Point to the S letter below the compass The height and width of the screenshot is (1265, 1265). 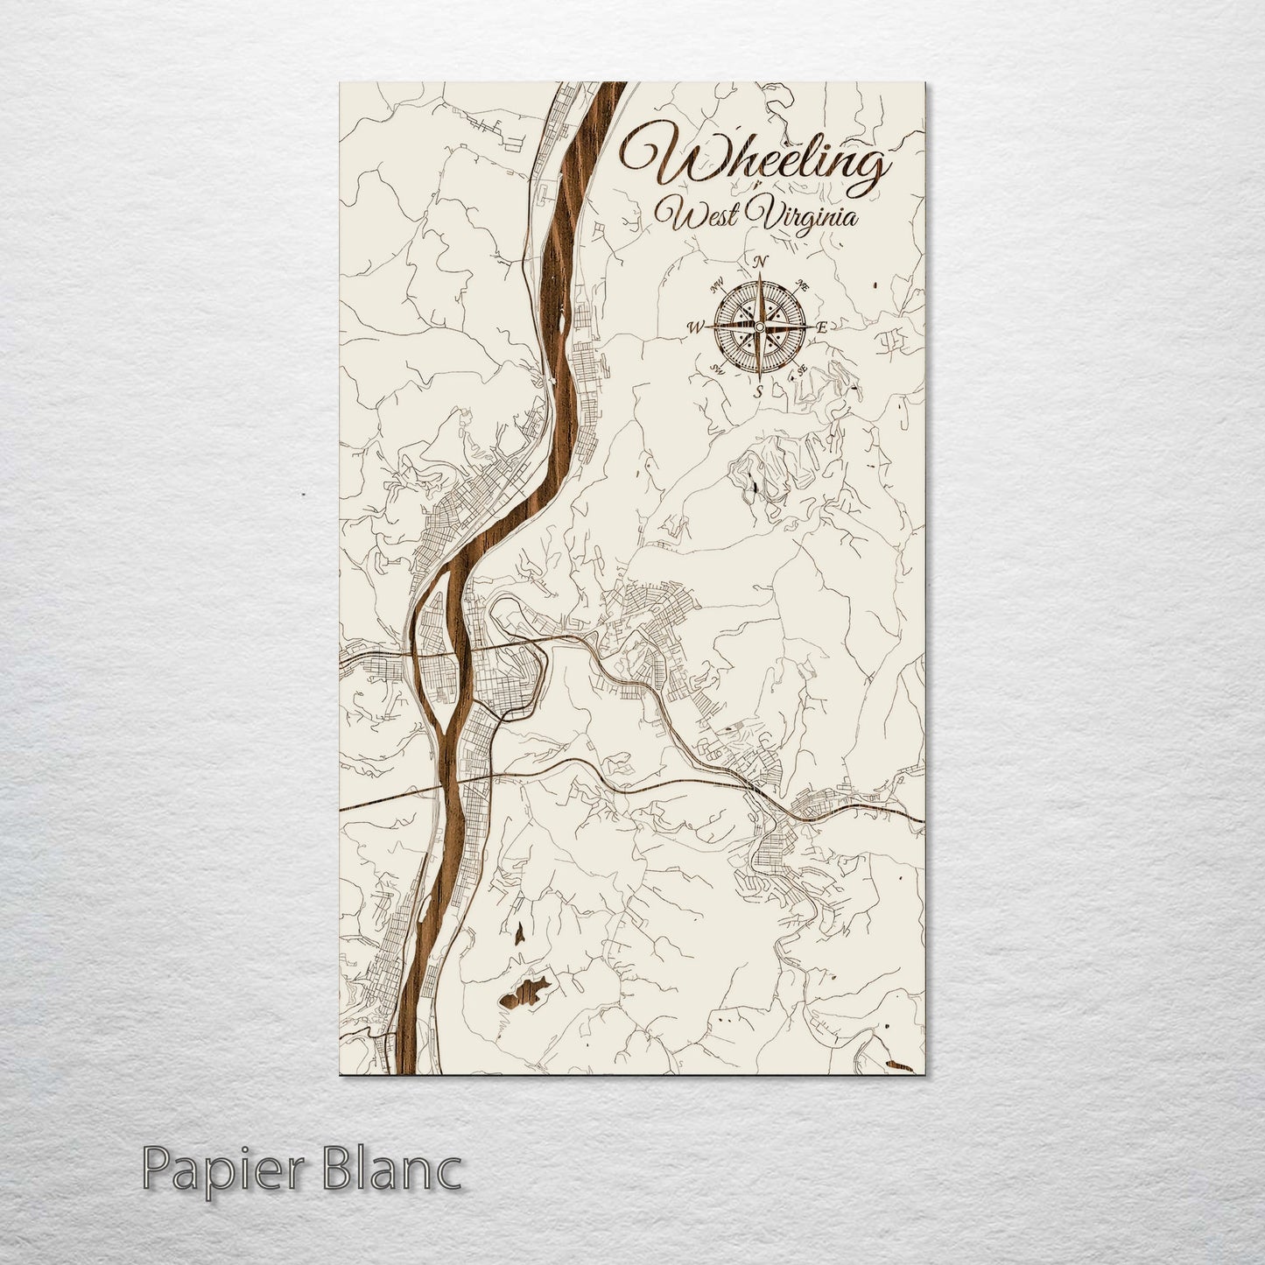coord(759,390)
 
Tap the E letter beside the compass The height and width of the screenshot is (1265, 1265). coord(822,327)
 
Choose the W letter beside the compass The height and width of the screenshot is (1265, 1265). coord(697,327)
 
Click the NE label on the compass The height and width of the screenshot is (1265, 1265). coord(803,285)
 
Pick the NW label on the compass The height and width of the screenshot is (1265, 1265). coord(718,284)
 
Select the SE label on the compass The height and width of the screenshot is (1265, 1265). coord(802,369)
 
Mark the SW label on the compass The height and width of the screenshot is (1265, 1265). coord(718,369)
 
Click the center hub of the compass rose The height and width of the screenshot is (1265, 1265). coord(760,327)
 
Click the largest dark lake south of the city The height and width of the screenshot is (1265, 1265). coord(526,992)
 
